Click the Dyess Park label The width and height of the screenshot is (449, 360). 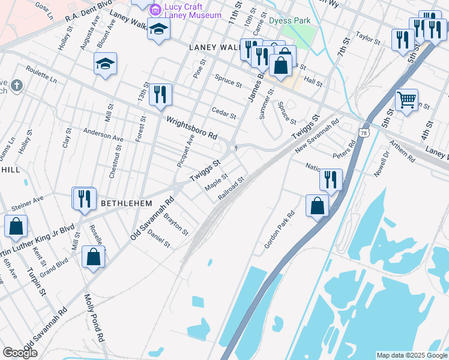click(289, 20)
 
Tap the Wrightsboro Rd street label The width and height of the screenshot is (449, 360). click(192, 128)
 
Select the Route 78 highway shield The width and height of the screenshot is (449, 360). click(364, 132)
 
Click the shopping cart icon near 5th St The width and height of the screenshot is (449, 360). click(406, 100)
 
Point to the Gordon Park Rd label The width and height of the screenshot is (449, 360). click(280, 230)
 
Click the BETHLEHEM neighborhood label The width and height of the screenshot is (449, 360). click(126, 204)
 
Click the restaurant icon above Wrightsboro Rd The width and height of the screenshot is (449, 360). click(160, 94)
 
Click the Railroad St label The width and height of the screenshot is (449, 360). click(232, 188)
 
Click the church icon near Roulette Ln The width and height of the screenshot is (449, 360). click(16, 85)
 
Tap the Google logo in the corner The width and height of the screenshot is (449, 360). click(20, 353)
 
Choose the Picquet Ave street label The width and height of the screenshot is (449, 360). click(186, 151)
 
